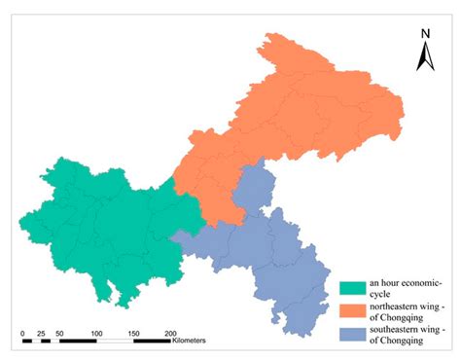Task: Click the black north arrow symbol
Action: click(425, 57)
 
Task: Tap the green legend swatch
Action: click(352, 288)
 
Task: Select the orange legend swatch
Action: click(352, 311)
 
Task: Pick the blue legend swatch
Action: click(352, 334)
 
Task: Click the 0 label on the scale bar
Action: click(22, 333)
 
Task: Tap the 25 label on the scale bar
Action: click(41, 333)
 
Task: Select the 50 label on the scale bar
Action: click(59, 333)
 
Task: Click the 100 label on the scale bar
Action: click(96, 333)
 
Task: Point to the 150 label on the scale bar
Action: click(133, 333)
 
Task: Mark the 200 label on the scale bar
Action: click(170, 333)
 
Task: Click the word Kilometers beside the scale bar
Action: click(194, 342)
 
